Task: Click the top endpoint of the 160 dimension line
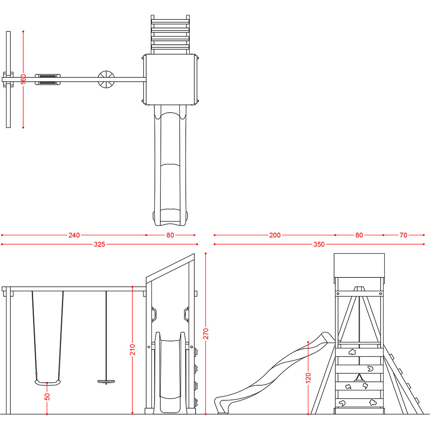[x=23, y=31]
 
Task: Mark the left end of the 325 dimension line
[x=2, y=244]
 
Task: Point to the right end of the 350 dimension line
[x=424, y=244]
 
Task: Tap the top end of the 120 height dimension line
[x=308, y=342]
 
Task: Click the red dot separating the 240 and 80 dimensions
[x=146, y=235]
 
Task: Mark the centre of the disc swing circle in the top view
[x=106, y=80]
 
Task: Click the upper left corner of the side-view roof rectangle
[x=334, y=254]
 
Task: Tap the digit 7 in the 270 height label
[x=206, y=334]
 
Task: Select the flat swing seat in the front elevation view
[x=48, y=383]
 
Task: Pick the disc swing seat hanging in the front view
[x=106, y=381]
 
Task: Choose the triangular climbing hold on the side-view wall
[x=359, y=378]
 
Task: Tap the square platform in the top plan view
[x=170, y=80]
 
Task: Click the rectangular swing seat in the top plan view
[x=48, y=80]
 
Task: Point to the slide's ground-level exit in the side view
[x=221, y=405]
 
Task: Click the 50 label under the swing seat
[x=47, y=397]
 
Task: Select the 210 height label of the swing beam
[x=132, y=350]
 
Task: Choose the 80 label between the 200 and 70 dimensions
[x=359, y=235]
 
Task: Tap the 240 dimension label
[x=74, y=235]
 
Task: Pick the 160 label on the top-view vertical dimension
[x=23, y=79]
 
